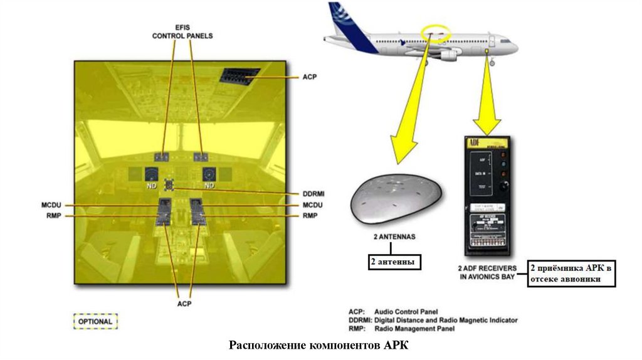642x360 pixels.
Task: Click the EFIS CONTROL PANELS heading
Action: (x=182, y=32)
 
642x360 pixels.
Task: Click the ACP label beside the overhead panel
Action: (x=310, y=77)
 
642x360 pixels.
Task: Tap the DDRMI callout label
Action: (x=312, y=194)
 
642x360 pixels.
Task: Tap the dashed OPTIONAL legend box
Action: (x=95, y=322)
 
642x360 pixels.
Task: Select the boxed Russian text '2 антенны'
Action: (x=394, y=261)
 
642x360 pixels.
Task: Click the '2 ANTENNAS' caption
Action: (x=394, y=237)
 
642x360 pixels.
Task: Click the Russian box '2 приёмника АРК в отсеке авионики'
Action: (x=570, y=273)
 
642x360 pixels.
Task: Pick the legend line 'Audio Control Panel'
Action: (x=411, y=312)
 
